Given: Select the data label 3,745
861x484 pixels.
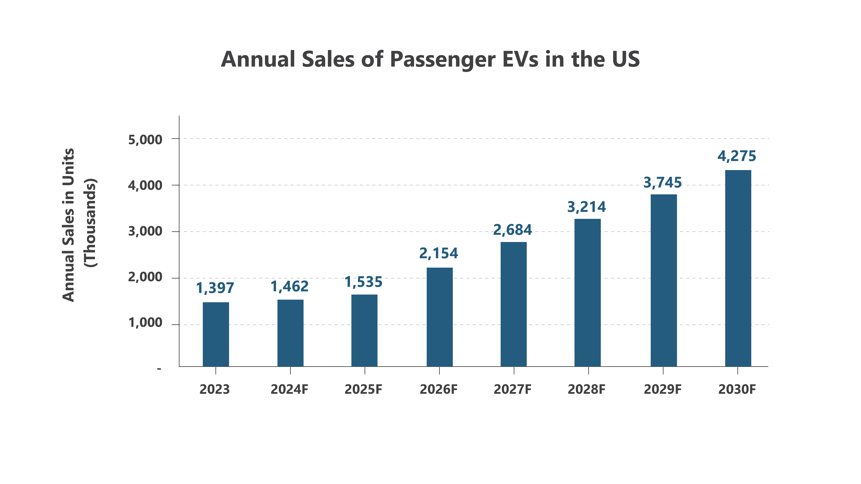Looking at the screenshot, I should coord(662,183).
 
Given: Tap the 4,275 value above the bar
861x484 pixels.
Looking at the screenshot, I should coord(737,156).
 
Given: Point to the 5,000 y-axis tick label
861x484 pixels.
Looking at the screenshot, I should coord(145,140).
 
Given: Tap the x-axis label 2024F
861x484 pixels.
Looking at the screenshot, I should coord(289,389).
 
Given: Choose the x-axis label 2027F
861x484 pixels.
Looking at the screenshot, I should coord(512,389).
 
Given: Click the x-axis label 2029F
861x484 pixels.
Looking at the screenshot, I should coord(662,389).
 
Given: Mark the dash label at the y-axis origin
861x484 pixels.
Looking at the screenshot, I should coord(159,369).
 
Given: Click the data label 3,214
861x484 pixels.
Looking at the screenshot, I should coord(587,207).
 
